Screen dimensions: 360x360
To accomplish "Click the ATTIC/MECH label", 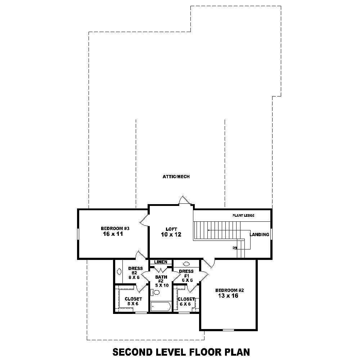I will click(176, 177).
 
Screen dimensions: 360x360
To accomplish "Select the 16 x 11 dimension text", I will click(113, 234).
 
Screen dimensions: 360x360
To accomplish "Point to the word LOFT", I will click(171, 229).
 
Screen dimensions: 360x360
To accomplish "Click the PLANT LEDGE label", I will click(243, 216).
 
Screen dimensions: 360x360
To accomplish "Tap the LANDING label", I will click(260, 235).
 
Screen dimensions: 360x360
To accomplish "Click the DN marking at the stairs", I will click(235, 248).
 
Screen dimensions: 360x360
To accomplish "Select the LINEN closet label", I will click(161, 262).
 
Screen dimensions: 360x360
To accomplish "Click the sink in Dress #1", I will click(186, 264).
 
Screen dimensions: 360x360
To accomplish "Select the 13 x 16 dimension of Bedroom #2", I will click(228, 296).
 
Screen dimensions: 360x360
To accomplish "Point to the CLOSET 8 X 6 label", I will click(133, 301).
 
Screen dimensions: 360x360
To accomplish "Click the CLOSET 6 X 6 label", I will click(186, 301).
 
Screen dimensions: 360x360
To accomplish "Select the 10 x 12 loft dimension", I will click(171, 234).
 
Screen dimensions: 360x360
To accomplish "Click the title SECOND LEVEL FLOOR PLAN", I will click(181, 351).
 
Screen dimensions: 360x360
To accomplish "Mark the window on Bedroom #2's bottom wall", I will click(228, 330).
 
